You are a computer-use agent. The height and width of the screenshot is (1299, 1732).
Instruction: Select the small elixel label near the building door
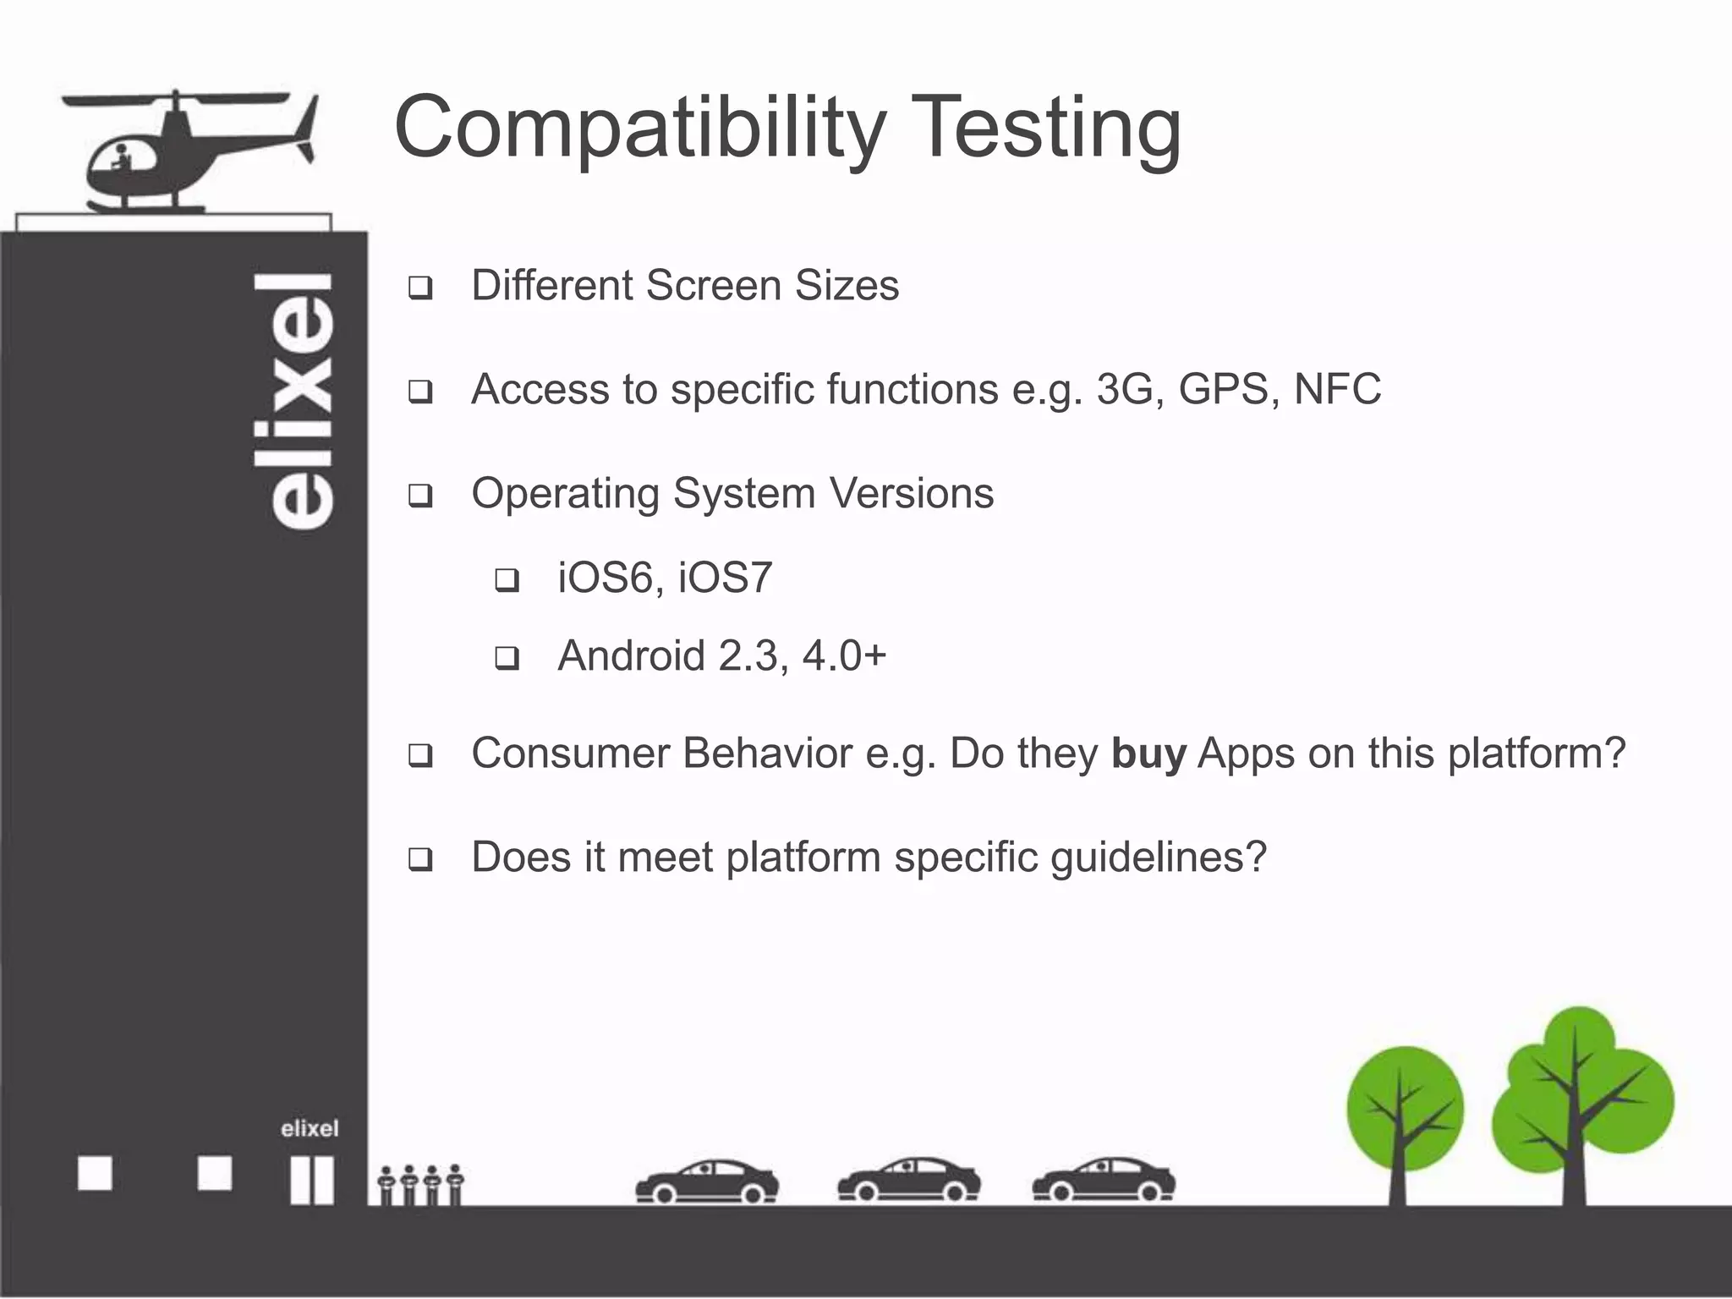click(310, 1128)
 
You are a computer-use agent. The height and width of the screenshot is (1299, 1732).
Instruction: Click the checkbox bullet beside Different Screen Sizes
click(420, 288)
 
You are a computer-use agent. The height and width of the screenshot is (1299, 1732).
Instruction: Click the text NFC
click(1337, 389)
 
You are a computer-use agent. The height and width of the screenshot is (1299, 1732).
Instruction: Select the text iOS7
click(725, 578)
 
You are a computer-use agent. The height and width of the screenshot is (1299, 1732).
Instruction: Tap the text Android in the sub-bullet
click(631, 655)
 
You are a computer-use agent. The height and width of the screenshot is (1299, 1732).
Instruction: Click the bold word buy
click(1148, 753)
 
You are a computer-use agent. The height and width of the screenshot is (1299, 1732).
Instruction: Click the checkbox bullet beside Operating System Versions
click(420, 496)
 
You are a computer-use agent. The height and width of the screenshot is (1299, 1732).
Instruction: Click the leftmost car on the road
click(707, 1181)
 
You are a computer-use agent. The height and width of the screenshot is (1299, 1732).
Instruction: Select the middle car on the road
click(909, 1181)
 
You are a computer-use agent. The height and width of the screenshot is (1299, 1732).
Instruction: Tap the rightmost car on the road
click(1104, 1181)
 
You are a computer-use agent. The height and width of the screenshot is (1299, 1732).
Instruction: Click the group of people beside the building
click(420, 1184)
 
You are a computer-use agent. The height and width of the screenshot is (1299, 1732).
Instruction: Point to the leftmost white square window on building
click(95, 1174)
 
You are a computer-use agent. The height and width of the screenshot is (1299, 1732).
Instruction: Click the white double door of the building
click(311, 1181)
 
